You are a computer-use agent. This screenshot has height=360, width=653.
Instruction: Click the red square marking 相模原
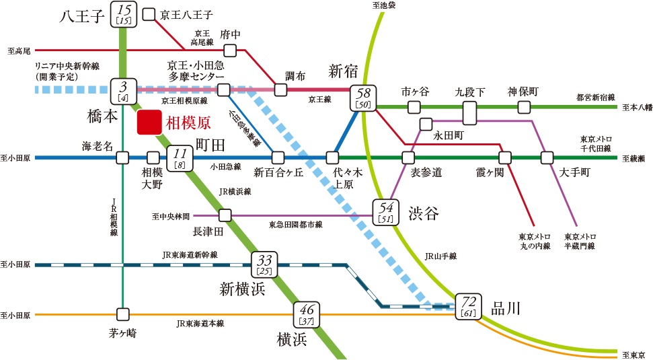[148, 123]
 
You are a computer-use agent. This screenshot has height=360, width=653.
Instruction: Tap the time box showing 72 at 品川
[468, 305]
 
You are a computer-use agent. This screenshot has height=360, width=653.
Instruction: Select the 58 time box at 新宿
[363, 98]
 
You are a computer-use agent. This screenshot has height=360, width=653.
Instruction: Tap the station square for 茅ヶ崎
[122, 314]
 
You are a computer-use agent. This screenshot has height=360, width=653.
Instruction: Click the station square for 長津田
[225, 215]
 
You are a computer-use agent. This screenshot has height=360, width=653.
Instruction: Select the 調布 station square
[280, 89]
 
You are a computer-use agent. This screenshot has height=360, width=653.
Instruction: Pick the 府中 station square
[230, 50]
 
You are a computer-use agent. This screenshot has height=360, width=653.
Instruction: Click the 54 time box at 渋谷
[386, 211]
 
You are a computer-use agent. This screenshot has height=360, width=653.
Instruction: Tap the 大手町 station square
[547, 158]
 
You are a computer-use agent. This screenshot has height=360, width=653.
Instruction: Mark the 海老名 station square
[122, 158]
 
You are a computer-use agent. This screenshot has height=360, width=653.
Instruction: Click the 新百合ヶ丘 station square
[278, 158]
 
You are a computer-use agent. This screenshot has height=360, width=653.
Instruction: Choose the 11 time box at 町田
[179, 158]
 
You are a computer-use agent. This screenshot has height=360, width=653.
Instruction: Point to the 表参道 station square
[408, 158]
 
